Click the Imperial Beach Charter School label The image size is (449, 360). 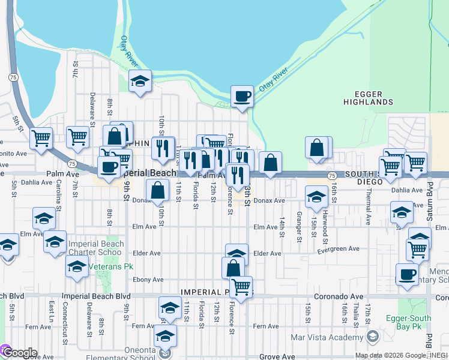pos(95,248)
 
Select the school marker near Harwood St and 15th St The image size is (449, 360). pos(316,196)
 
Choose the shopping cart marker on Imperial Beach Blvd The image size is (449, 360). pos(241,287)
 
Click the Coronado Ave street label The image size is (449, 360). pos(339,296)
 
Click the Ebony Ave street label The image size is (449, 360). pos(148,280)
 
